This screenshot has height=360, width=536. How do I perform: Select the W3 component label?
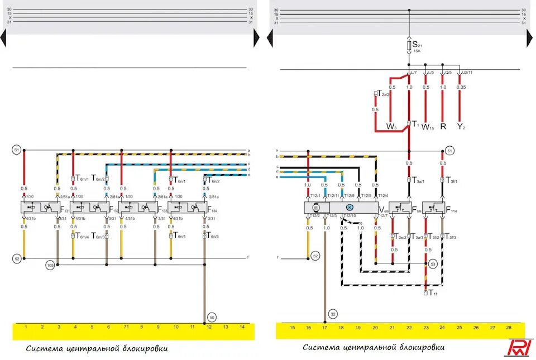391,127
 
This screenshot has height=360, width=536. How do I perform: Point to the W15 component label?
427,127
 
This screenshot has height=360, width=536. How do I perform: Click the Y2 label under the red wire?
461,127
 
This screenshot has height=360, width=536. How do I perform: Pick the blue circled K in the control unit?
350,207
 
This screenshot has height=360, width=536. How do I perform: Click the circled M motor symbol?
315,207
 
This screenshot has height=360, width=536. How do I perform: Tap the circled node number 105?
50,265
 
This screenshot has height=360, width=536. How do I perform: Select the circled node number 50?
212,317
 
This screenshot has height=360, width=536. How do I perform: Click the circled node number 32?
333,313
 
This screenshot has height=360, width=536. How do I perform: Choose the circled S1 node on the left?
17,150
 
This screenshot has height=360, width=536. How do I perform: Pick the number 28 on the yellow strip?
508,327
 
